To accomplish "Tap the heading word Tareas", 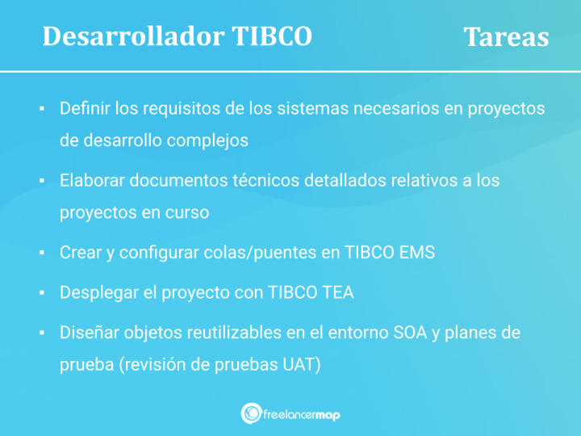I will click(506, 37).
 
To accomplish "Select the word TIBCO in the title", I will click(271, 36).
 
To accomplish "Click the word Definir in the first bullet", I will click(85, 108).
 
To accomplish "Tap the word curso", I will click(188, 212).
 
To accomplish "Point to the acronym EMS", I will click(417, 252).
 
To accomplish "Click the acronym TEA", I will click(337, 292).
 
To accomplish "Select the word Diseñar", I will click(87, 333).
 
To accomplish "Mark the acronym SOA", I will click(409, 333).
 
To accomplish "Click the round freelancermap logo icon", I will click(250, 413).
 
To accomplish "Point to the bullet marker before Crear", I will click(40, 253).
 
